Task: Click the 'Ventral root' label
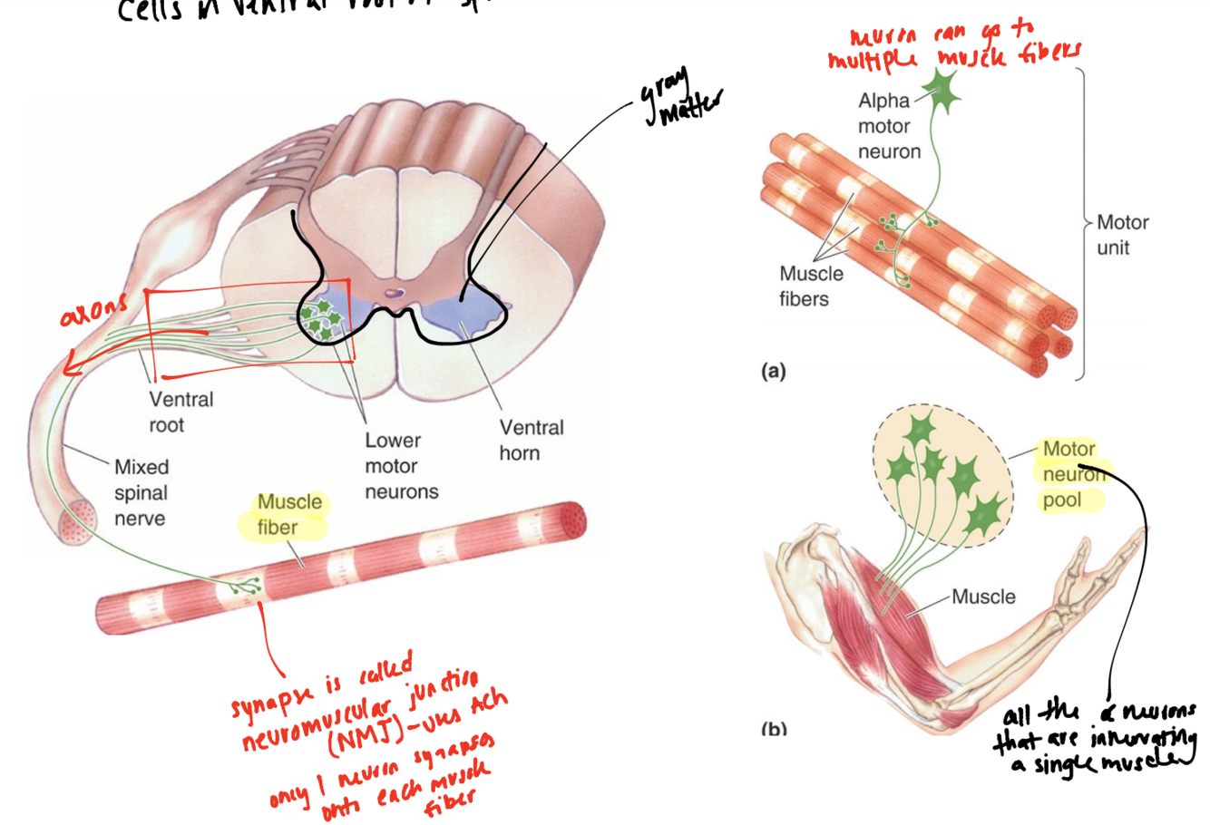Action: [181, 412]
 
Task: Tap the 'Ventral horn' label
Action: [531, 439]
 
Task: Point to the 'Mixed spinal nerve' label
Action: [141, 493]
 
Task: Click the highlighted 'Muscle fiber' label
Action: [288, 514]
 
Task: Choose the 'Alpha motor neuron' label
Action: [889, 127]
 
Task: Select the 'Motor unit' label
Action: [1122, 234]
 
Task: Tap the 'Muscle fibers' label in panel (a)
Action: [810, 285]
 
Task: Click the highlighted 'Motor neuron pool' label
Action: [1069, 474]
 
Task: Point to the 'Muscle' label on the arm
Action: [984, 597]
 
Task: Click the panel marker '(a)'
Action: [773, 370]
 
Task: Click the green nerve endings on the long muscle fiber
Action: [245, 587]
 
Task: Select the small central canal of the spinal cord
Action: [394, 293]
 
